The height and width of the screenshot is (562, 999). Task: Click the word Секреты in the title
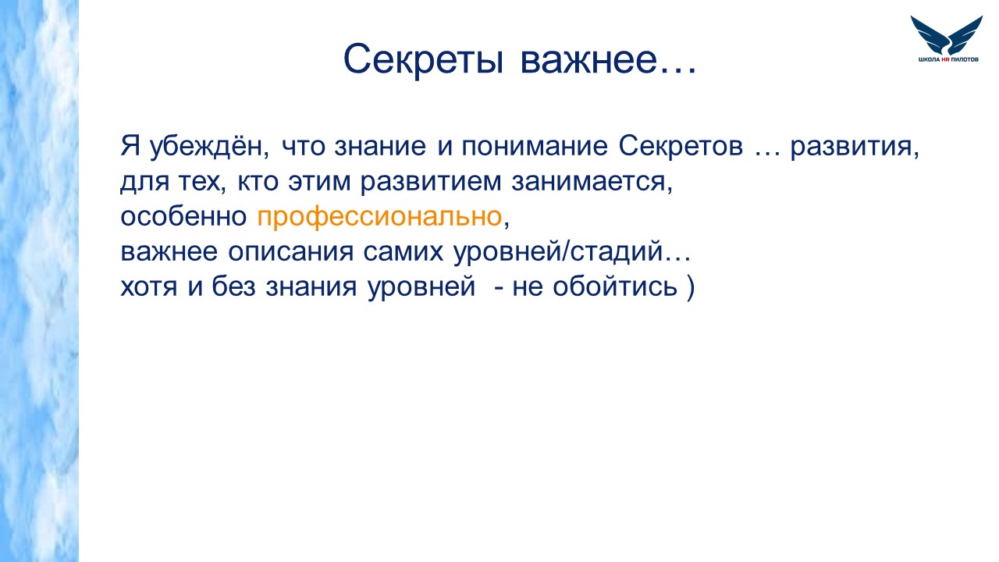424,59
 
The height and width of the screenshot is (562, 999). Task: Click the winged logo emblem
947,35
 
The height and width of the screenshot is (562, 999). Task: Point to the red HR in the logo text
945,59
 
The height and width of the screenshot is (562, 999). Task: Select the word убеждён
209,146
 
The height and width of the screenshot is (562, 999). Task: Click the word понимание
535,146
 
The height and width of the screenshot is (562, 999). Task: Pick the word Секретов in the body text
681,146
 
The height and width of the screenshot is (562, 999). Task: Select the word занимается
592,183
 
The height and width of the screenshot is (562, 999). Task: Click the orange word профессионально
379,217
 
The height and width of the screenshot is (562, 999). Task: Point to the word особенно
183,217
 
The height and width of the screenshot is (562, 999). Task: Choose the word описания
291,252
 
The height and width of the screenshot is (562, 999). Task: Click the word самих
404,252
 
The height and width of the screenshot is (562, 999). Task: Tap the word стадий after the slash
617,252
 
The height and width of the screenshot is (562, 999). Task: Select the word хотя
149,286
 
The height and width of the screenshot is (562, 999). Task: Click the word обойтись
615,286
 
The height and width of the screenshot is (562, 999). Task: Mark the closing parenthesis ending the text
691,286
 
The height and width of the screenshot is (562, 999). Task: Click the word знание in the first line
380,146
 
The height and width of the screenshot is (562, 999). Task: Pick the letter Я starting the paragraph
130,146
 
